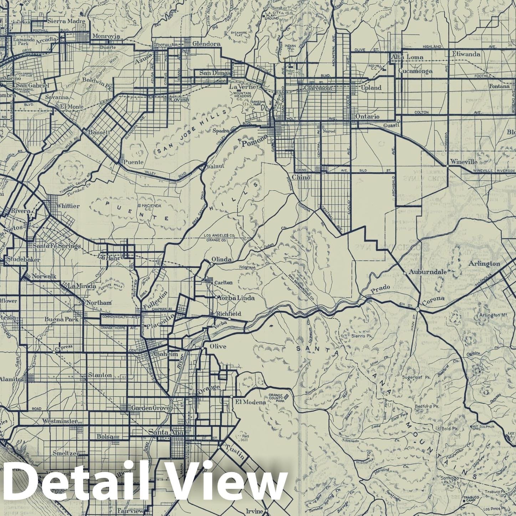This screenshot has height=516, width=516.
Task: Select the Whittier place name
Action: [68, 206]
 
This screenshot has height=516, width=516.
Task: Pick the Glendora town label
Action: [206, 44]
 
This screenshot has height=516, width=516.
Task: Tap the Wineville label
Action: [463, 162]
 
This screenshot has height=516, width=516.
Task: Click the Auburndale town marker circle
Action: [405, 273]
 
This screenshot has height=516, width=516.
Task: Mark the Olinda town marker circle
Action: [211, 264]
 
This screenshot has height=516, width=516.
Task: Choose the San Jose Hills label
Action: [191, 133]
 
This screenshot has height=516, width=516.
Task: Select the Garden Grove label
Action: [150, 408]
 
